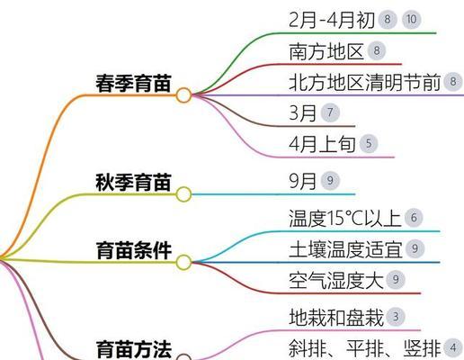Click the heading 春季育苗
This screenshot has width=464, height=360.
[133, 83]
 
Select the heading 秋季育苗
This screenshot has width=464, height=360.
[133, 183]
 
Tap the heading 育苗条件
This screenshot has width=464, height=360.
[134, 250]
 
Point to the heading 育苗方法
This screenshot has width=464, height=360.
[134, 349]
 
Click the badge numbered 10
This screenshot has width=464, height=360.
[411, 20]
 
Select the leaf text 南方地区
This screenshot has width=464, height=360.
[326, 51]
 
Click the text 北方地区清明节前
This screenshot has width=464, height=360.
[365, 82]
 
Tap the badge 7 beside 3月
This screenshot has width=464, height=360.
[330, 112]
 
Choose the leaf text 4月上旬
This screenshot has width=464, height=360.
[322, 144]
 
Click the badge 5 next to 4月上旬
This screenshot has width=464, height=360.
[369, 143]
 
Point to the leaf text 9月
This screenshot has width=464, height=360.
[302, 181]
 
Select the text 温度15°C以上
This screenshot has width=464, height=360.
[345, 218]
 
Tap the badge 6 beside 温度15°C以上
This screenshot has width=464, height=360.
[414, 218]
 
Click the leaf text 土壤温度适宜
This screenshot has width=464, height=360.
[345, 249]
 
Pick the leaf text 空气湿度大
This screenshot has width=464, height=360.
[336, 280]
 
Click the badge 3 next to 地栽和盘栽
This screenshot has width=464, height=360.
[396, 317]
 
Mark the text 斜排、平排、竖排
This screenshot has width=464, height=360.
[365, 348]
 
